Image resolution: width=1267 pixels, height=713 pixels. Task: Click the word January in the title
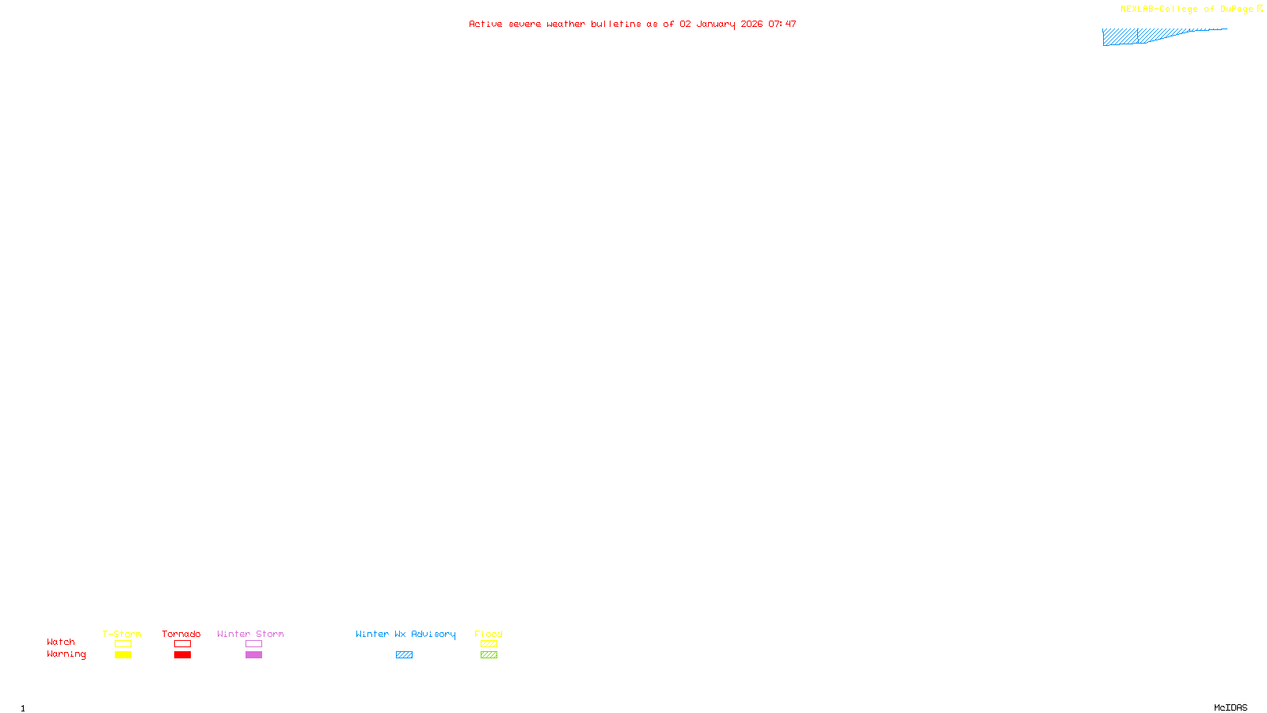point(715,24)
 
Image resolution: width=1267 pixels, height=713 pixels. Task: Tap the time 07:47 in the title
point(782,24)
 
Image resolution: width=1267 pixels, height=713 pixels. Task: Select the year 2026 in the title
point(751,24)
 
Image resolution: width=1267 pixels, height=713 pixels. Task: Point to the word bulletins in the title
point(615,24)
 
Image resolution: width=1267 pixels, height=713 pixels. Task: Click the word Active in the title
point(485,24)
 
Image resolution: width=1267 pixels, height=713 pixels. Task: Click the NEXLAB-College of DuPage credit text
point(1186,10)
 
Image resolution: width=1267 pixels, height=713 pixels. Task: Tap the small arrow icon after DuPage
point(1260,9)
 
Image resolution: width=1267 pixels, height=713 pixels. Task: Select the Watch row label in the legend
point(61,642)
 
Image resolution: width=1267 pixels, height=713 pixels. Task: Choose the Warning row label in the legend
point(66,654)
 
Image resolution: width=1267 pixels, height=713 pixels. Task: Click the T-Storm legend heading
point(122,634)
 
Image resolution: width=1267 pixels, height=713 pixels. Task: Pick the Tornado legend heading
point(181,634)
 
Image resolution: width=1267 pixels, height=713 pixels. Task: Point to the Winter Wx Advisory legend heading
point(405,634)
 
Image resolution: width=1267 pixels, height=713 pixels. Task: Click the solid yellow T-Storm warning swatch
point(123,655)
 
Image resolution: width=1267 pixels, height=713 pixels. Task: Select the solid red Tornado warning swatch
point(182,655)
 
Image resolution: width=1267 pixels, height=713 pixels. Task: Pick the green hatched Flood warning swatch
point(489,655)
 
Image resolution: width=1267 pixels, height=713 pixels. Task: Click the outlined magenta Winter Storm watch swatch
point(253,644)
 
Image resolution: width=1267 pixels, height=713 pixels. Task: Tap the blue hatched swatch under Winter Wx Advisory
point(404,655)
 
